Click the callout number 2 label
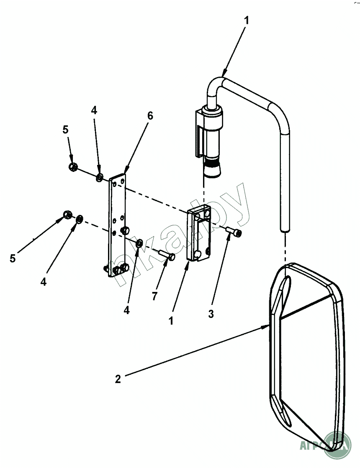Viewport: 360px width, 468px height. [x=118, y=379]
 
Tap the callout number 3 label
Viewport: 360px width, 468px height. [x=211, y=314]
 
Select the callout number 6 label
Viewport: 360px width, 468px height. [x=149, y=116]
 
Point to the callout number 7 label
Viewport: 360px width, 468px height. [x=154, y=297]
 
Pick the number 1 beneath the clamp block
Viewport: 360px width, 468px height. [x=171, y=321]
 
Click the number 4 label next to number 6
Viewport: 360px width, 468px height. [x=94, y=110]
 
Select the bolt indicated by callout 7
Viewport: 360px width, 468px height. [x=167, y=254]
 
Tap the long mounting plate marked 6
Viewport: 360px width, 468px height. [x=117, y=226]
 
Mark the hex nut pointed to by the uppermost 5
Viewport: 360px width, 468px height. [x=72, y=167]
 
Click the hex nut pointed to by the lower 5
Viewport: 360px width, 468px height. [x=67, y=215]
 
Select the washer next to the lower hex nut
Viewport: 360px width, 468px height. [x=80, y=218]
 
